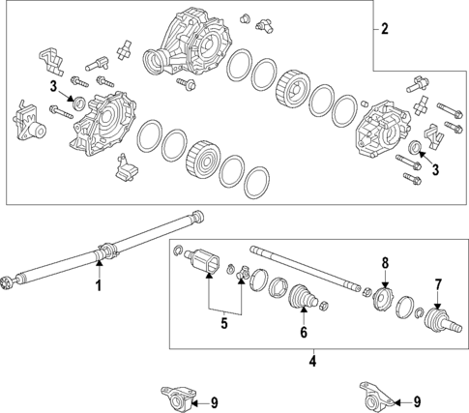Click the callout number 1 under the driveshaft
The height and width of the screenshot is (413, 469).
click(x=100, y=285)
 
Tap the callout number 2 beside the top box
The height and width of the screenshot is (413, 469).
click(x=385, y=29)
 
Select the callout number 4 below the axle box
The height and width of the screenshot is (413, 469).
click(x=312, y=361)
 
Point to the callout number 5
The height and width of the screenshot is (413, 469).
click(x=224, y=323)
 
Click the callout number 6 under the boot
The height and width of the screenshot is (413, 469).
click(x=304, y=333)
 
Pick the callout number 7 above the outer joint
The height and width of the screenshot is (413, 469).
click(x=437, y=285)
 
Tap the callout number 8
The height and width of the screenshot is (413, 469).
click(x=385, y=263)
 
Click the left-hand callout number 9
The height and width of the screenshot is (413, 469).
click(x=215, y=402)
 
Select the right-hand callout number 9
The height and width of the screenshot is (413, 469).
click(x=417, y=401)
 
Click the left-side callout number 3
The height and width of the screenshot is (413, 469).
click(x=53, y=86)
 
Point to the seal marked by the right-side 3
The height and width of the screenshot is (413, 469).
click(x=414, y=146)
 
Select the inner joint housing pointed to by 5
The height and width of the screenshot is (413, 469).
click(x=202, y=260)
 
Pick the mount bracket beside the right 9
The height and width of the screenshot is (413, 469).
click(x=377, y=395)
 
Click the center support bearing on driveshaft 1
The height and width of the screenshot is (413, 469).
click(x=106, y=251)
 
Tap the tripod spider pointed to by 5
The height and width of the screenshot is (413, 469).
click(x=243, y=272)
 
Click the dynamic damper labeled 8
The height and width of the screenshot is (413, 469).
click(x=384, y=299)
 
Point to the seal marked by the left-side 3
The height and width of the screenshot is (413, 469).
click(x=79, y=103)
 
